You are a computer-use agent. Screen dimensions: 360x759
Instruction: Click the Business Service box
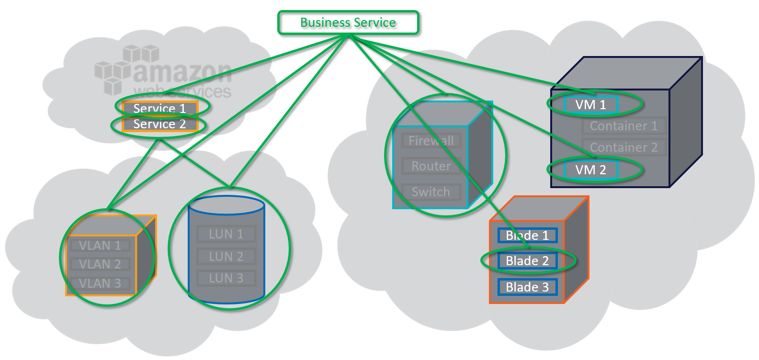click(348, 23)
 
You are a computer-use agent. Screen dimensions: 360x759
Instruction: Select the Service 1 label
click(159, 109)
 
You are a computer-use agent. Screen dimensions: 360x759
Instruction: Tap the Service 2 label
click(159, 124)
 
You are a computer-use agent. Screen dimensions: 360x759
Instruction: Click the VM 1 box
click(590, 105)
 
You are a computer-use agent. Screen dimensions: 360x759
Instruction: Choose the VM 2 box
click(590, 170)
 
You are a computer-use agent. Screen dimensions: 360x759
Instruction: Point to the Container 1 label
click(623, 126)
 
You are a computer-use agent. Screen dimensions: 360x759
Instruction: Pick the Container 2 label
click(623, 147)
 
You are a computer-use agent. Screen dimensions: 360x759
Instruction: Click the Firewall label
click(431, 141)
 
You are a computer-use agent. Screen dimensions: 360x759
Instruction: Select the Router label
click(431, 166)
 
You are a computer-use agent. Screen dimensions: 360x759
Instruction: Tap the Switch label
click(431, 192)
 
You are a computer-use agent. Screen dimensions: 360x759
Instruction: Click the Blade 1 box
click(527, 236)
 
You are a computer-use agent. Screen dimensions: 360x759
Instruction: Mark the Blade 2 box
click(527, 261)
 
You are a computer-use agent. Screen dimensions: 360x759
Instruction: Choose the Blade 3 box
click(527, 287)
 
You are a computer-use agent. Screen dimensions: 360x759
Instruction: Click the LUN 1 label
click(226, 234)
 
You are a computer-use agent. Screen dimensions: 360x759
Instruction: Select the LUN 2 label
click(226, 257)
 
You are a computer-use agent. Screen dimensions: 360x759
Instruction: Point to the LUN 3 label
click(226, 278)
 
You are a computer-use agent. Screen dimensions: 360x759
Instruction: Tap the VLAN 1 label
click(100, 246)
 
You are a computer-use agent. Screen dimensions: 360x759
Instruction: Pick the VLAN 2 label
click(100, 264)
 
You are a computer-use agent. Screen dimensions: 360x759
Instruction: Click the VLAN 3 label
click(100, 283)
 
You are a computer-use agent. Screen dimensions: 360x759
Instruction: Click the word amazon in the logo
click(182, 72)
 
